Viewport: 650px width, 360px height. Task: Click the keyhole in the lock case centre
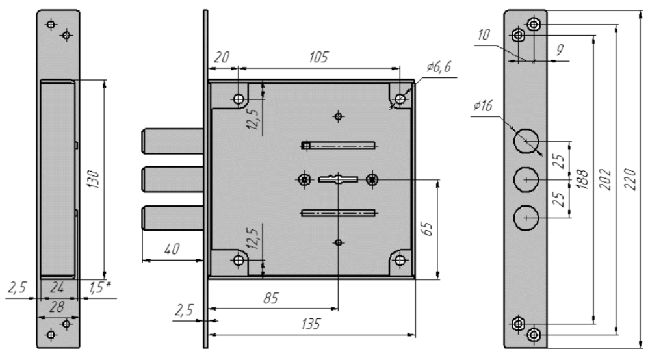point(337,178)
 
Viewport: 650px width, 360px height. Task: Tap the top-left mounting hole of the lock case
point(239,99)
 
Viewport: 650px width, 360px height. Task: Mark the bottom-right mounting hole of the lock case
point(399,260)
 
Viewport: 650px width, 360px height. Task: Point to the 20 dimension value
point(222,57)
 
